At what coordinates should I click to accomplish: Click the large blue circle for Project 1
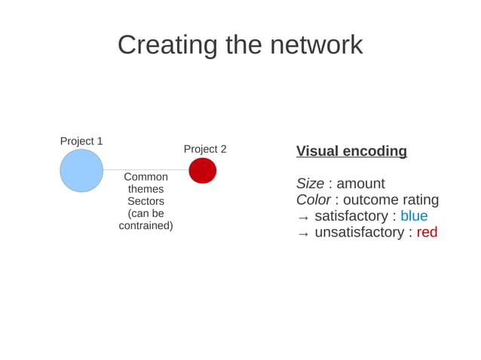(x=81, y=170)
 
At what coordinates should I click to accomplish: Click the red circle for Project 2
(x=202, y=170)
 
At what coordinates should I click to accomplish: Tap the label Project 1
(x=81, y=141)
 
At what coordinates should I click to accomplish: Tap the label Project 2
(x=205, y=149)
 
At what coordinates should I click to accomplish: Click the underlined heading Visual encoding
(x=351, y=151)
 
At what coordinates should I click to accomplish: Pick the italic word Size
(x=309, y=184)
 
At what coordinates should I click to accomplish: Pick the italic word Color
(x=313, y=200)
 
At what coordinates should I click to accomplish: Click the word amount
(x=360, y=184)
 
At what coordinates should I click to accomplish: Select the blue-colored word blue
(x=414, y=216)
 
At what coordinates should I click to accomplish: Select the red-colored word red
(x=427, y=232)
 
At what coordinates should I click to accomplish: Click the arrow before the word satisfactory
(x=303, y=218)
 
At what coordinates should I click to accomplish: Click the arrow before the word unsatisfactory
(x=303, y=233)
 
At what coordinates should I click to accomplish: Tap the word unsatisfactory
(x=359, y=232)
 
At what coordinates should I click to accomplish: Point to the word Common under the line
(x=146, y=177)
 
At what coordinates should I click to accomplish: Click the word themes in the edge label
(x=146, y=189)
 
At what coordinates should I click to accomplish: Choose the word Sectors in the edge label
(x=146, y=201)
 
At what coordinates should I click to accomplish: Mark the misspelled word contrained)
(x=146, y=225)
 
